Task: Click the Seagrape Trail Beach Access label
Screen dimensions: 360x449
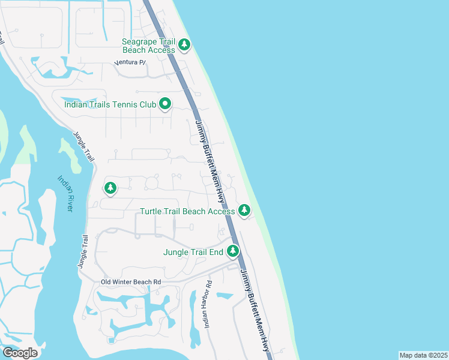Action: [148, 46]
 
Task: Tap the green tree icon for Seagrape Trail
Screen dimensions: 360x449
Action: [184, 44]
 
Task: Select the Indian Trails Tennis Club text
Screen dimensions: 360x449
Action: [110, 104]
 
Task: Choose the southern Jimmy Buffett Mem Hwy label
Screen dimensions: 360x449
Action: [255, 310]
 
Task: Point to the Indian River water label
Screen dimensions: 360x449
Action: [65, 193]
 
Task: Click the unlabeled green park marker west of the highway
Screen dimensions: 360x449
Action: [110, 188]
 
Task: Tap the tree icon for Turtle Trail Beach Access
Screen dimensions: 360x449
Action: [244, 211]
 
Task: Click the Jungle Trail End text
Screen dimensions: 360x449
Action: [193, 252]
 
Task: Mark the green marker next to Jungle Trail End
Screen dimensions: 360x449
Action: [233, 251]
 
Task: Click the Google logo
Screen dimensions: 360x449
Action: [20, 353]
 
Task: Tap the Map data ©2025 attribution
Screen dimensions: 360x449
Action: [423, 355]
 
